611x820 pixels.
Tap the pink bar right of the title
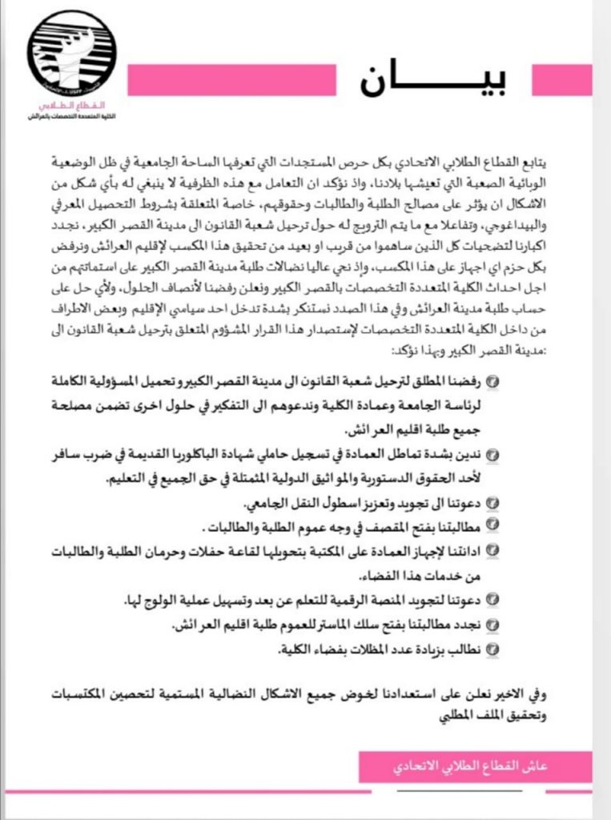pyautogui.click(x=562, y=80)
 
